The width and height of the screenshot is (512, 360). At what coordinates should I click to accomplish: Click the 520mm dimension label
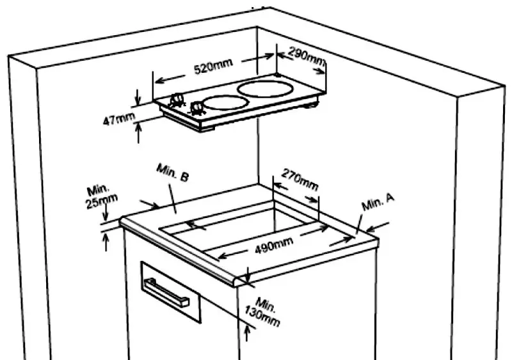click(213, 67)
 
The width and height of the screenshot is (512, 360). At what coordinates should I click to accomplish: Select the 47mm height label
click(118, 119)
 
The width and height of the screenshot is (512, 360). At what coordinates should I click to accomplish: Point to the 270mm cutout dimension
click(300, 179)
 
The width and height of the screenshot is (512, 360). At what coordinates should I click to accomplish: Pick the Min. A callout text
click(378, 202)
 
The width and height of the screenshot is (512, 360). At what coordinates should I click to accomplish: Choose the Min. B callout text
click(173, 173)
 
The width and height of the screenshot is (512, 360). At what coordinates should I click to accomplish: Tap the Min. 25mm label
click(101, 197)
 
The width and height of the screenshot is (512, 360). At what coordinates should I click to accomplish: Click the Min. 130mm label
click(263, 312)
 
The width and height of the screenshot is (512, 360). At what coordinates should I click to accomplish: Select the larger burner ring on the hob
click(265, 89)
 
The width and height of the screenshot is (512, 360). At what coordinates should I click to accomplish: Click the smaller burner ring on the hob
click(226, 103)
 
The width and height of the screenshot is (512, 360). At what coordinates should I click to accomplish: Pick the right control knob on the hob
click(197, 108)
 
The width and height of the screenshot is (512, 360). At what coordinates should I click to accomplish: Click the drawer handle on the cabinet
click(167, 292)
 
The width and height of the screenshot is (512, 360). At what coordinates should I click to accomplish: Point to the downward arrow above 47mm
click(138, 97)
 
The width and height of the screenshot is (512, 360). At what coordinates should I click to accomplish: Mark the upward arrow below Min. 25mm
click(106, 242)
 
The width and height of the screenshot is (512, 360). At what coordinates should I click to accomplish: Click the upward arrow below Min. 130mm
click(247, 334)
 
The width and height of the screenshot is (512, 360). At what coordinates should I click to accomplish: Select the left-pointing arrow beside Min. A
click(378, 227)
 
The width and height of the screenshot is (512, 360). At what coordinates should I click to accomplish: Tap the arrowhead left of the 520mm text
click(159, 81)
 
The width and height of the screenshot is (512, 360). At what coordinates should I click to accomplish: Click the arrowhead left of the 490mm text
click(223, 256)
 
